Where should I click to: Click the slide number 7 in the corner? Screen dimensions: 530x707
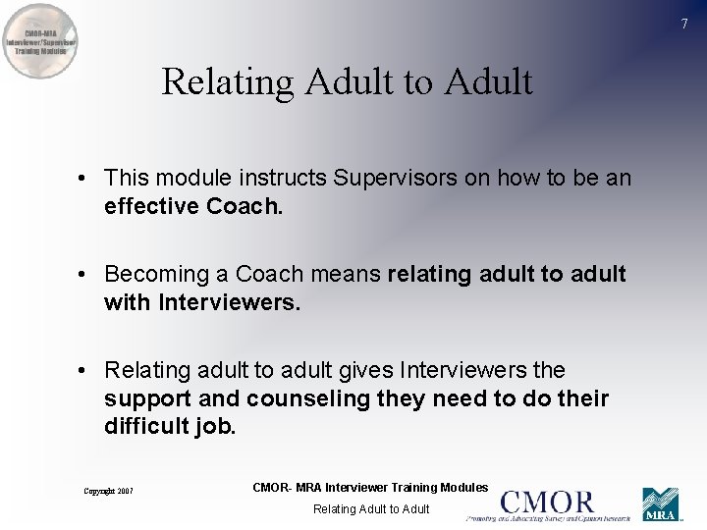[x=685, y=24]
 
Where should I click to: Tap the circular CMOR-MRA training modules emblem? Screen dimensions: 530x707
[x=41, y=41]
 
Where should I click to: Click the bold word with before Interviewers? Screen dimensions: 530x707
[x=127, y=303]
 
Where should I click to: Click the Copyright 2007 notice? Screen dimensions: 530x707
[x=108, y=491]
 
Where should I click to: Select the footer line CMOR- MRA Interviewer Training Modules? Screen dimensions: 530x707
[x=370, y=488]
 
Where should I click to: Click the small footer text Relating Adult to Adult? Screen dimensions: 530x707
[x=371, y=509]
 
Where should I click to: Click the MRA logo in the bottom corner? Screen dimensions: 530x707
[x=661, y=504]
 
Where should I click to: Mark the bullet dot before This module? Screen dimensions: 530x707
[x=88, y=179]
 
